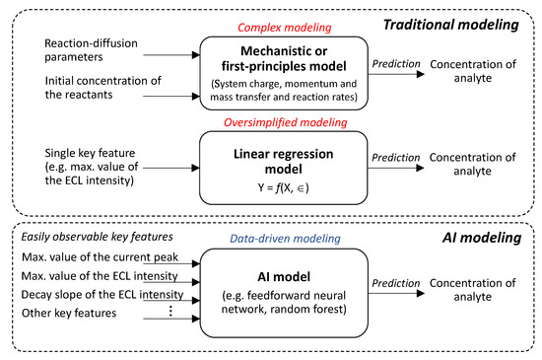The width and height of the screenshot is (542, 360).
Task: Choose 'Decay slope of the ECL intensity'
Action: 105,292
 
